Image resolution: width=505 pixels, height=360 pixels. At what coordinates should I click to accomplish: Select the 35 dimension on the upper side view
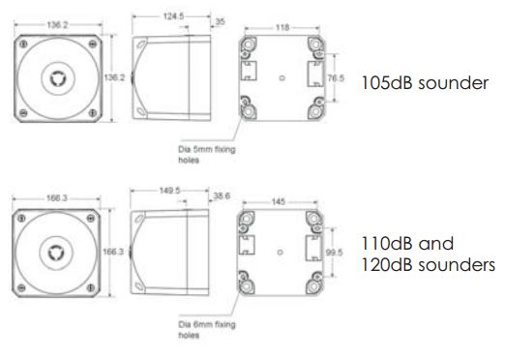pyautogui.click(x=221, y=19)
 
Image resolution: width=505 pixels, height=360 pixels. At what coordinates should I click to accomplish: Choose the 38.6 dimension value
pyautogui.click(x=223, y=195)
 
